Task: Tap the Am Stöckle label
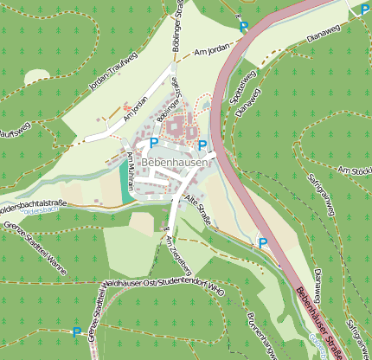point(356,171)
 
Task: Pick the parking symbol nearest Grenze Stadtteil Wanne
point(76,331)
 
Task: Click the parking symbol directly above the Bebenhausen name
point(154,142)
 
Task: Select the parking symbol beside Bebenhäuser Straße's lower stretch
point(263,244)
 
